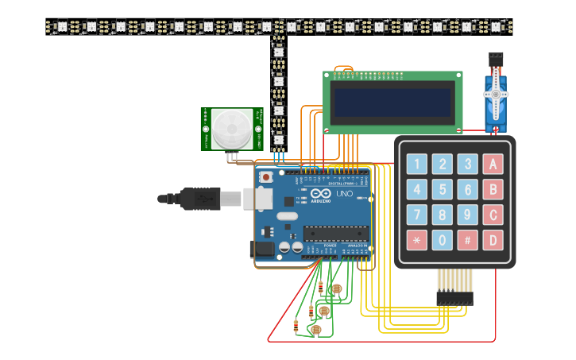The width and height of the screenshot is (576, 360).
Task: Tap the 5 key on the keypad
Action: tap(443, 190)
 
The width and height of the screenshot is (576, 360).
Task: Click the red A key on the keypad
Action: tap(493, 165)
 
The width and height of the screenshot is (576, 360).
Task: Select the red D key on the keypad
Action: tap(493, 240)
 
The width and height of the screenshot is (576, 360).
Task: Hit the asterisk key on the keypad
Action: tap(416, 240)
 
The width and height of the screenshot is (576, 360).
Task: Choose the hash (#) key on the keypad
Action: tap(468, 240)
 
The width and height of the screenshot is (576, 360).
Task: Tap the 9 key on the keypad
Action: tap(468, 215)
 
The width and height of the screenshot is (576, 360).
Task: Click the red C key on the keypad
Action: tap(493, 215)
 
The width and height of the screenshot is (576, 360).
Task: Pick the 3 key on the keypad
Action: tap(468, 165)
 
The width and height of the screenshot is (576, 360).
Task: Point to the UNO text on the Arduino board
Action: tap(345, 194)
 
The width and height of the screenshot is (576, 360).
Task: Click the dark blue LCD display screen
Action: tap(392, 102)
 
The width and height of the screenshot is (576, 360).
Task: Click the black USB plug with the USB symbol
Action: tap(199, 199)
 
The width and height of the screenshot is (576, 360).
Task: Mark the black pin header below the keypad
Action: tap(454, 298)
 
